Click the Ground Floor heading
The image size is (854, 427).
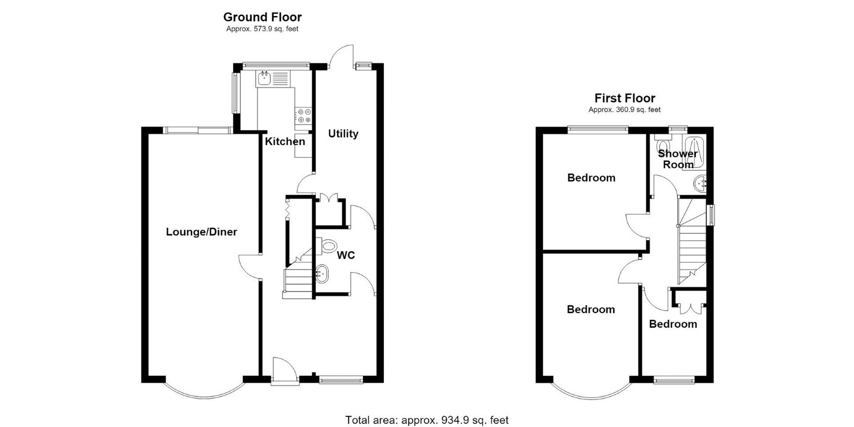262,17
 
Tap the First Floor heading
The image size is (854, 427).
624,98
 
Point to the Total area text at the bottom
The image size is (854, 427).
426,420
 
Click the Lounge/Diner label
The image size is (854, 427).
201,232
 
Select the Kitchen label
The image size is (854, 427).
285,141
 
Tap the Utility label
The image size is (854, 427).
343,134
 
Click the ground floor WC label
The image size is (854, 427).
346,255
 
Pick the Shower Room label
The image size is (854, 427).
678,159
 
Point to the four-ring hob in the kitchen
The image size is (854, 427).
304,116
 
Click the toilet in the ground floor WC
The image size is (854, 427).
326,246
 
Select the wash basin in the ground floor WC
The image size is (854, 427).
322,274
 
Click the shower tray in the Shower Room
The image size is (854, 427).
694,153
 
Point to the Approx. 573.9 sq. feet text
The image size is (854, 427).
262,29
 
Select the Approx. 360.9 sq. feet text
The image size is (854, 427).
624,110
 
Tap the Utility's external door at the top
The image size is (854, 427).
341,57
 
